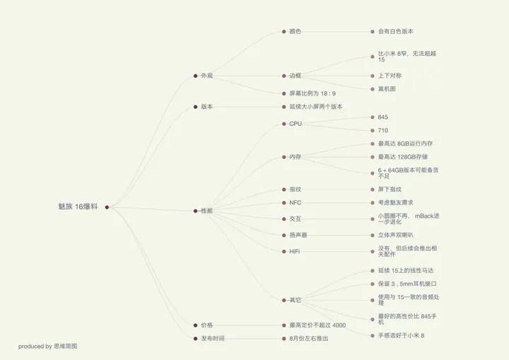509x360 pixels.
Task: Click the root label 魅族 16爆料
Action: (x=78, y=207)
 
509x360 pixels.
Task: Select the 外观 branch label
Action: (x=206, y=76)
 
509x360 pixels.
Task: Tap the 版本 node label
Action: (x=206, y=107)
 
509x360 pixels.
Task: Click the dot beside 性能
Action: (x=195, y=211)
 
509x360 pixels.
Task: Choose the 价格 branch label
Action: (x=206, y=325)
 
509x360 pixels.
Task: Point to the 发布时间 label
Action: (x=213, y=338)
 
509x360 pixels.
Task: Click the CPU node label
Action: (x=296, y=124)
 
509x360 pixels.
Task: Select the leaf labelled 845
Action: (x=382, y=117)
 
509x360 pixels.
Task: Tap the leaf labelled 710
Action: (x=382, y=130)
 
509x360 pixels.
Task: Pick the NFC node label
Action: (x=296, y=203)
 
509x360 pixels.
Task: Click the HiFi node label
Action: (x=295, y=252)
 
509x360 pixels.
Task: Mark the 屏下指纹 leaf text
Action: (x=390, y=189)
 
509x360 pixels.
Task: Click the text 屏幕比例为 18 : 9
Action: (x=312, y=93)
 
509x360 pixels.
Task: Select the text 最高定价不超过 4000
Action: (x=317, y=325)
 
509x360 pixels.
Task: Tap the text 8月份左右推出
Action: (x=309, y=338)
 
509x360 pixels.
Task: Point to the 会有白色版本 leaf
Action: (x=395, y=31)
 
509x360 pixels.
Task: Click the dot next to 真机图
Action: (x=373, y=89)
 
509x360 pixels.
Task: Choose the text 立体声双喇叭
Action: (x=395, y=235)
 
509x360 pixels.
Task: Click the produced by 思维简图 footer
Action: (x=48, y=347)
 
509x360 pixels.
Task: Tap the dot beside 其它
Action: (x=284, y=300)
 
